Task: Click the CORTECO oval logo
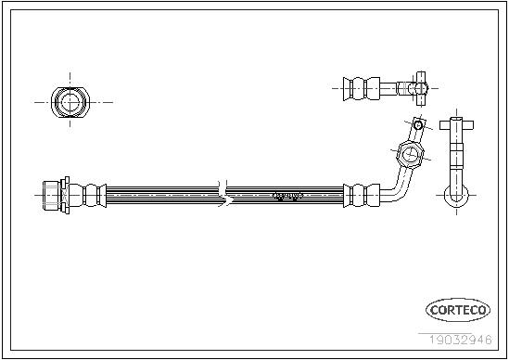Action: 458,310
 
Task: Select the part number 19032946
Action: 461,340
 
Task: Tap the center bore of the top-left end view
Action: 70,102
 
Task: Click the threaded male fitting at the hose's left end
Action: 51,196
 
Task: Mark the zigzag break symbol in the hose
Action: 225,194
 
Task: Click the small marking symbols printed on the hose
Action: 287,196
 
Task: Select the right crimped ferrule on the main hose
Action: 362,196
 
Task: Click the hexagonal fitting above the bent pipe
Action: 410,154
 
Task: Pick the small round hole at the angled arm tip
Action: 418,124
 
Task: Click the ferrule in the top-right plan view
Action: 362,88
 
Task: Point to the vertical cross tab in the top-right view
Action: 421,88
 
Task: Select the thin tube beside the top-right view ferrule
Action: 388,88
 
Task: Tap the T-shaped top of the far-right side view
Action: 456,125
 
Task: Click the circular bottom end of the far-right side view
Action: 456,196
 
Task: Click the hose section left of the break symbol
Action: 162,196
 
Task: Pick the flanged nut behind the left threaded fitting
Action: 65,196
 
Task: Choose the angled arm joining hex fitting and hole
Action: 415,134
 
